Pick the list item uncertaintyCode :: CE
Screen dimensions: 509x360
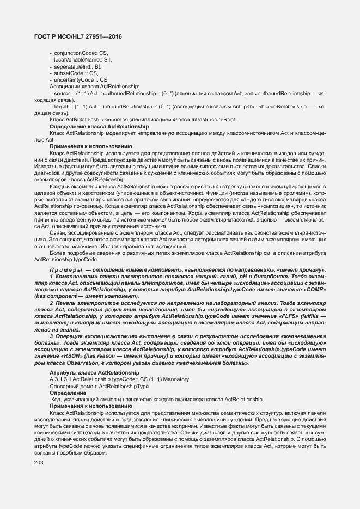tap(81, 79)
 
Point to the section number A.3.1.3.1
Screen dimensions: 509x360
tap(60, 379)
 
